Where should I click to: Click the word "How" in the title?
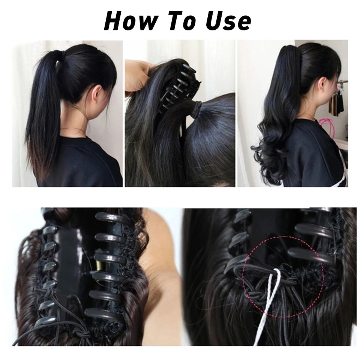[130, 21]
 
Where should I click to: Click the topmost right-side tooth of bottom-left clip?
[108, 217]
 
